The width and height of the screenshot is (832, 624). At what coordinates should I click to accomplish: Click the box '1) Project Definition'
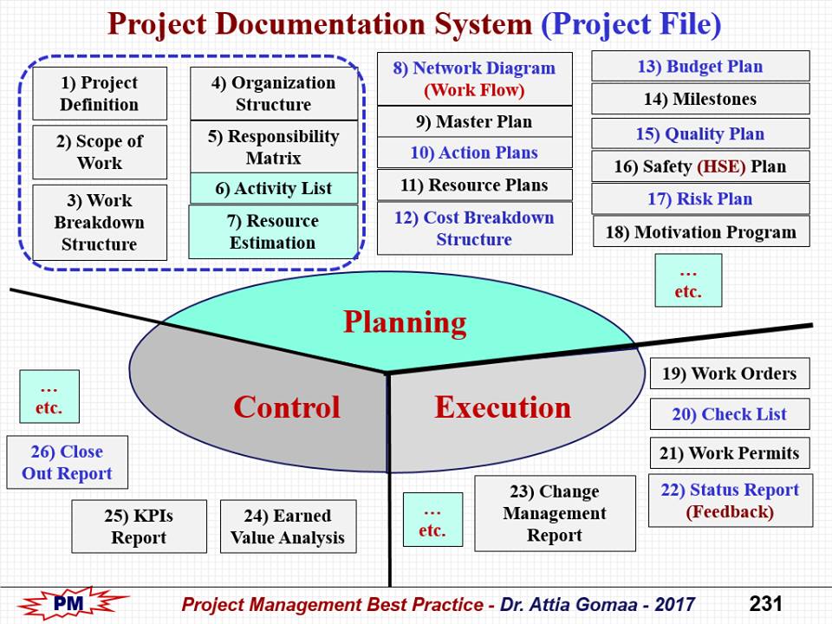pyautogui.click(x=100, y=94)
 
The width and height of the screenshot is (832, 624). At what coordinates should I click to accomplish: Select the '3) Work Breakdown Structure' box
pyautogui.click(x=100, y=223)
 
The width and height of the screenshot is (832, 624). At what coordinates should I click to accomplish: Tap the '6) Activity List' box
pyautogui.click(x=273, y=188)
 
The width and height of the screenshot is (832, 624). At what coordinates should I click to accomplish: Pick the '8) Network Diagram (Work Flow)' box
pyautogui.click(x=474, y=79)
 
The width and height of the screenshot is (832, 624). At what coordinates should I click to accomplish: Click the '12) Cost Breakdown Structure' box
pyautogui.click(x=474, y=228)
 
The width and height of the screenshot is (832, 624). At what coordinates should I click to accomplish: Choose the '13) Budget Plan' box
pyautogui.click(x=700, y=67)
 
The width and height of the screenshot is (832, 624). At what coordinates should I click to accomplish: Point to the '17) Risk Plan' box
pyautogui.click(x=700, y=198)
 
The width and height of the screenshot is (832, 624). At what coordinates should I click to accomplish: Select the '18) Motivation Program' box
pyautogui.click(x=700, y=231)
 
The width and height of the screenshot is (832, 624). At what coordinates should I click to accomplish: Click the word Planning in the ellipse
pyautogui.click(x=405, y=322)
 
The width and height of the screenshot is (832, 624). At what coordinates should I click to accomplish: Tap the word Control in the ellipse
pyautogui.click(x=287, y=406)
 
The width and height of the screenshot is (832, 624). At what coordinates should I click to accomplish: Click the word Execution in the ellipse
pyautogui.click(x=503, y=406)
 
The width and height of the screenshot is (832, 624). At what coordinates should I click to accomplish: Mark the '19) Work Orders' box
pyautogui.click(x=729, y=374)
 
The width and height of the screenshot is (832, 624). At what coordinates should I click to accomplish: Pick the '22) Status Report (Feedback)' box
pyautogui.click(x=730, y=500)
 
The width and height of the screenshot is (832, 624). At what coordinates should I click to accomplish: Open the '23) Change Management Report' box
pyautogui.click(x=555, y=513)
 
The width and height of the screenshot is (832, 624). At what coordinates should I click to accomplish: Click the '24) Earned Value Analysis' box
pyautogui.click(x=288, y=526)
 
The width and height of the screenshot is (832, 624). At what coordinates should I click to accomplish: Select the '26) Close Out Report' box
pyautogui.click(x=67, y=463)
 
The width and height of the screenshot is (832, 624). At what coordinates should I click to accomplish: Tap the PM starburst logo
pyautogui.click(x=74, y=602)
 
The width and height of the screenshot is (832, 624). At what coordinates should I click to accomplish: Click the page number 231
pyautogui.click(x=766, y=603)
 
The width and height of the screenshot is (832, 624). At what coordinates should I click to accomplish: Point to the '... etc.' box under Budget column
pyautogui.click(x=688, y=280)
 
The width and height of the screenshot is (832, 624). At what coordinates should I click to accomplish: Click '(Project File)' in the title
pyautogui.click(x=631, y=24)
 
